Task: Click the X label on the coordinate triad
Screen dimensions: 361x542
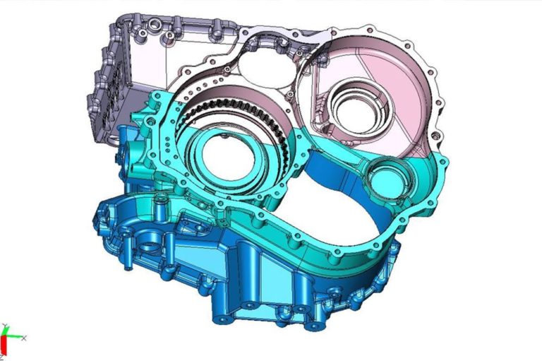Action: pyautogui.click(x=23, y=338)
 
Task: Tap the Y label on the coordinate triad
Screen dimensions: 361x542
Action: pyautogui.click(x=5, y=326)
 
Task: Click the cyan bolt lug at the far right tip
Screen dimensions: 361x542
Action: pyautogui.click(x=442, y=164)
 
